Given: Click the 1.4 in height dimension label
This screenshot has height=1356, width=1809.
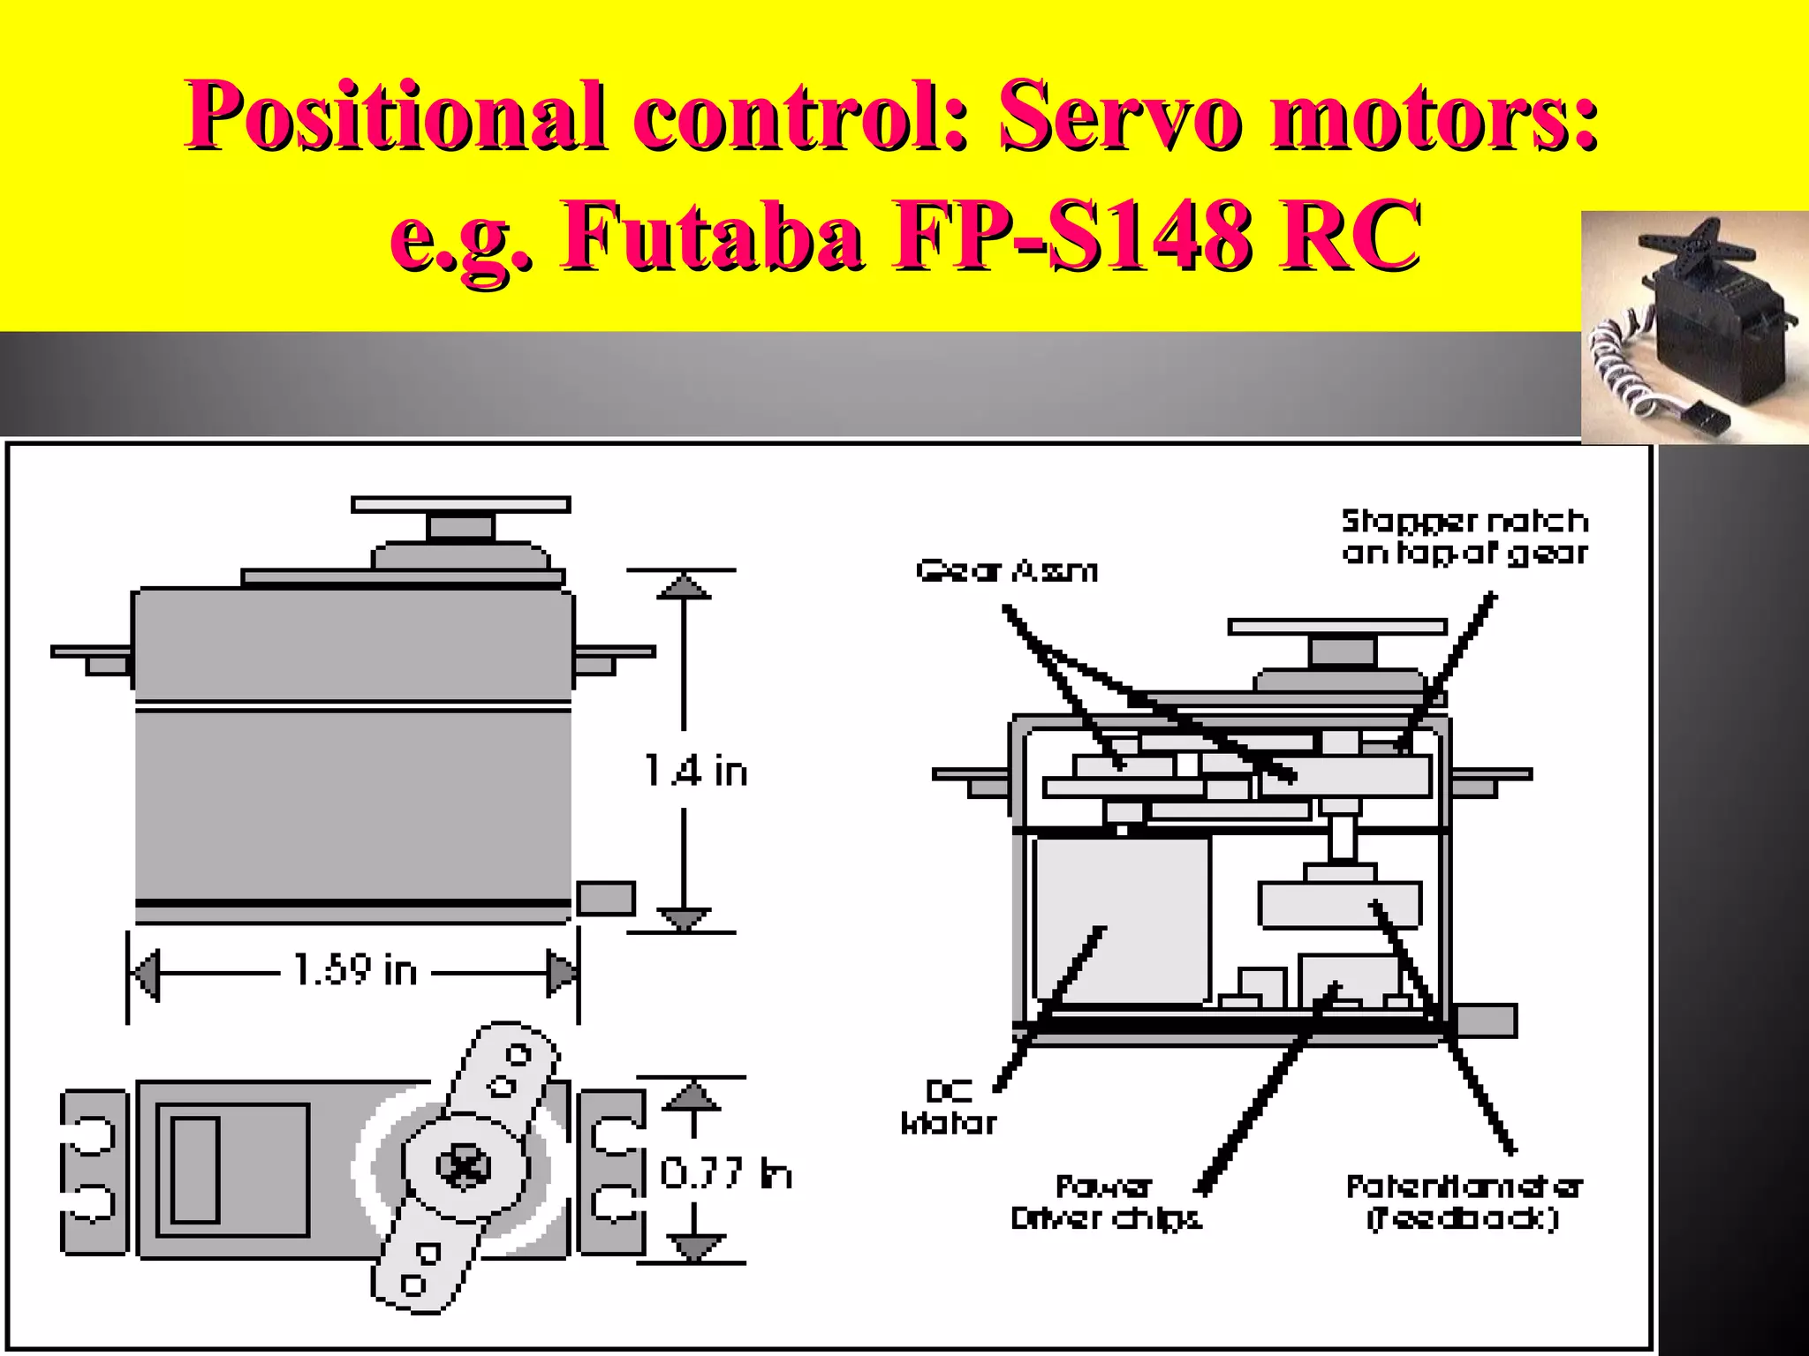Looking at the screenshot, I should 696,771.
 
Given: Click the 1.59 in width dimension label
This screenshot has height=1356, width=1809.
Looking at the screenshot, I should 355,970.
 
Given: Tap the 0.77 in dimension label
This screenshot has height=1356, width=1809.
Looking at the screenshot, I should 726,1173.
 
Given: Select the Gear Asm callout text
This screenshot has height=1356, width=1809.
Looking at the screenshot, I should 1006,571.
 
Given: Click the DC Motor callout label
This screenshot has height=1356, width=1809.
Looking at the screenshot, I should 949,1108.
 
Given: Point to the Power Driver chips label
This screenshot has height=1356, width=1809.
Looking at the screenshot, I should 1106,1202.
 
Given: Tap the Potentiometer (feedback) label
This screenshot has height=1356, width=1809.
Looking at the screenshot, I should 1464,1202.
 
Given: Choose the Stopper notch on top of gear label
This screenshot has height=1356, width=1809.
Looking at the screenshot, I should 1465,537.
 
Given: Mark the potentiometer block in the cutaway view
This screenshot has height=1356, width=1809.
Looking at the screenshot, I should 1339,905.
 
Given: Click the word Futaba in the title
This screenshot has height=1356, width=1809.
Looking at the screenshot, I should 712,237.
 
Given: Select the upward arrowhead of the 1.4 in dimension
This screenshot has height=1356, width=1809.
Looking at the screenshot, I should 684,586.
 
